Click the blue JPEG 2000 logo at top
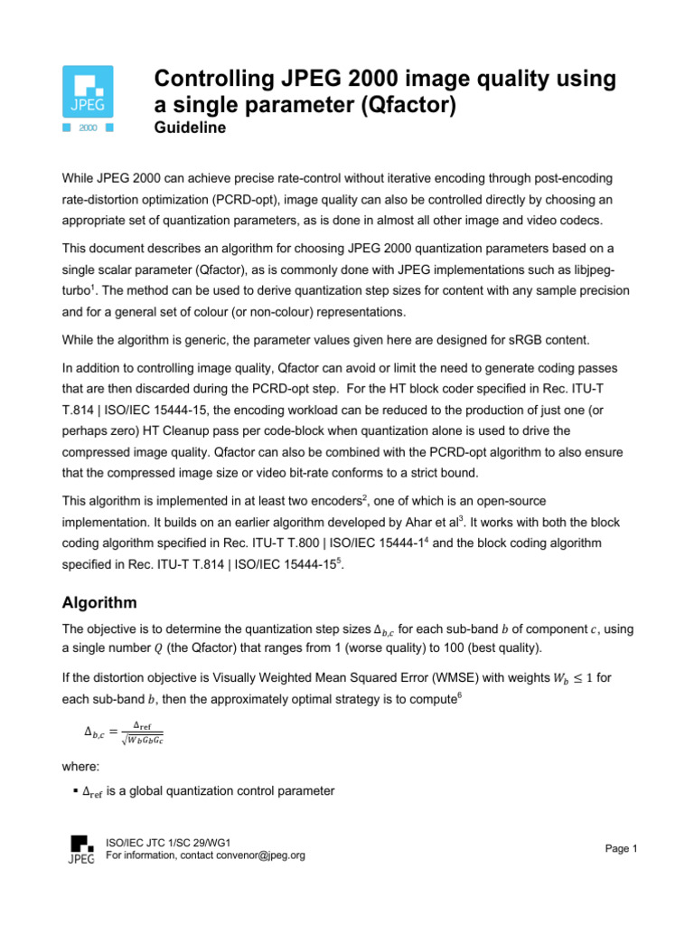pos(87,99)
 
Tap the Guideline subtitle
pos(191,128)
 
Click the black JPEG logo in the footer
pos(81,848)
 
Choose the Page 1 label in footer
pos(622,848)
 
